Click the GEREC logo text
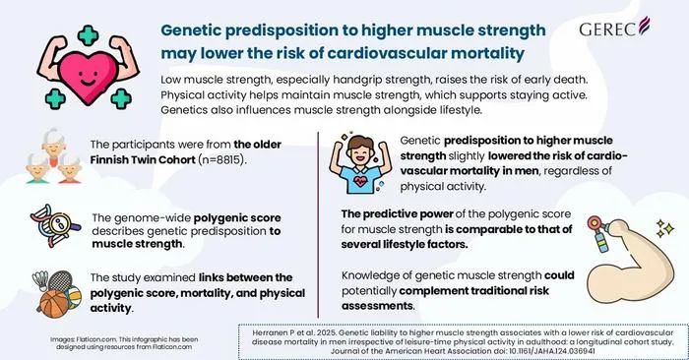[x=608, y=30]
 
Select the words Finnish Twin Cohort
[x=143, y=159]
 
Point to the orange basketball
[x=54, y=303]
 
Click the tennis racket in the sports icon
[x=59, y=281]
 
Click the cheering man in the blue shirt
[x=360, y=164]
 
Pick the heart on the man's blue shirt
[x=360, y=181]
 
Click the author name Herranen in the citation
[x=269, y=332]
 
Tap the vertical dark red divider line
[x=318, y=224]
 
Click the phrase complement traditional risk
[x=474, y=290]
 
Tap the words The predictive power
[x=398, y=213]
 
